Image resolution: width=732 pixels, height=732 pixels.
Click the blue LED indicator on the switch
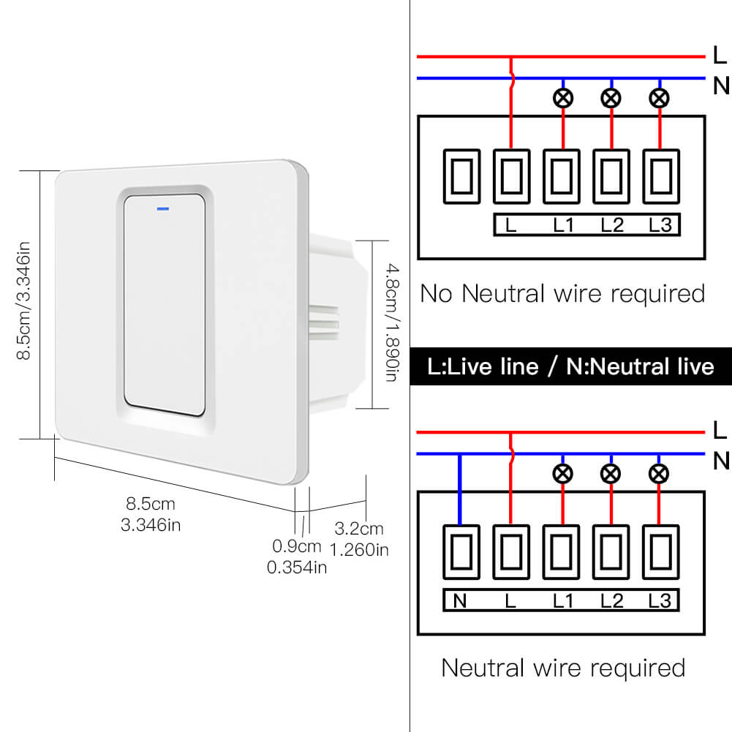162,208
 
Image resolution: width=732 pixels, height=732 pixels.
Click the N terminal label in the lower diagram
460,601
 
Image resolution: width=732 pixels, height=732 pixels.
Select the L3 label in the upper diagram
660,225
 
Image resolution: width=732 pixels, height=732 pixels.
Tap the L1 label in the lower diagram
562,601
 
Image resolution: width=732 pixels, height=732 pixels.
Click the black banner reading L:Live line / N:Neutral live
570,366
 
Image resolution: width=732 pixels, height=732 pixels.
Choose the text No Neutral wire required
562,294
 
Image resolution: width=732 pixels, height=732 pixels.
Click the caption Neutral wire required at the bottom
563,668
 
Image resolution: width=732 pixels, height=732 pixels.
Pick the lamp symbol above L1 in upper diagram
562,98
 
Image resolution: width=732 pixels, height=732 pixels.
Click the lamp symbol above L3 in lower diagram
660,473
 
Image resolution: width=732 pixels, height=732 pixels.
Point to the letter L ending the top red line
719,56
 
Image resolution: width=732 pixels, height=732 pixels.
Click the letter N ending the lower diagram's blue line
721,461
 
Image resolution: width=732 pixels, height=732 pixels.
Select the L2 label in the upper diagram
612,225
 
